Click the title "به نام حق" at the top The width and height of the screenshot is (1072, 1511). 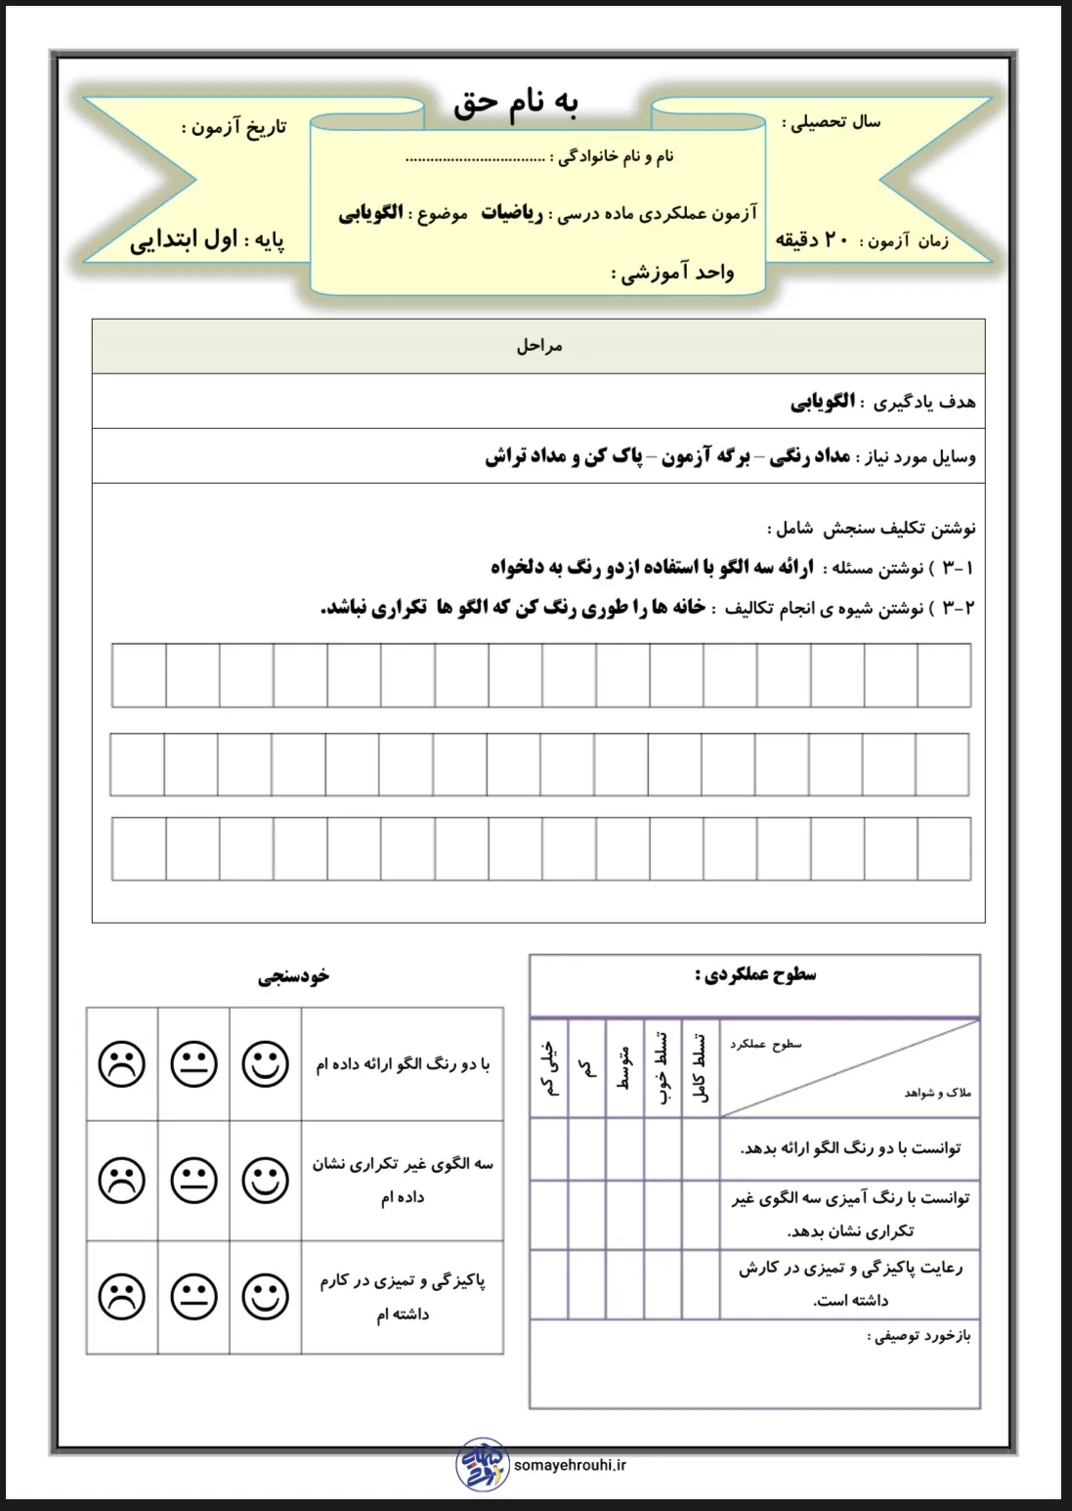pos(515,104)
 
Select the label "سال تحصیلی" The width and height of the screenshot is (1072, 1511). pos(832,122)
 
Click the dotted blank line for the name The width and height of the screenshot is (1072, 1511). pos(475,157)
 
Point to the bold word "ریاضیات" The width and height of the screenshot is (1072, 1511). pos(512,213)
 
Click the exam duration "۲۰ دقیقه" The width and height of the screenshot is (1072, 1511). pos(811,239)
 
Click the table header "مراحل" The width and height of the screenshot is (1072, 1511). pos(539,346)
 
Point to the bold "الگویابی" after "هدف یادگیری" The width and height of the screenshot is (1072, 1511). pos(823,401)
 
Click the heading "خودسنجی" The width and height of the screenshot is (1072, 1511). pos(294,976)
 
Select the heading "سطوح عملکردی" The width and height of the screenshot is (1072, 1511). pos(755,974)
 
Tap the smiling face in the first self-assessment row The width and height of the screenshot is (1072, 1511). pos(266,1064)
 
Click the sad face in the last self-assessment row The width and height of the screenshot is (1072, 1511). pos(122,1297)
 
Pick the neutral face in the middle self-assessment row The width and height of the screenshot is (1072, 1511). pos(193,1181)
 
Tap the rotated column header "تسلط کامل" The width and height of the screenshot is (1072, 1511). pos(700,1068)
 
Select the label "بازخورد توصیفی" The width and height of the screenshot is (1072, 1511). pos(919,1335)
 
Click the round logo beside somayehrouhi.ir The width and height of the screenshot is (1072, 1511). pos(483,1464)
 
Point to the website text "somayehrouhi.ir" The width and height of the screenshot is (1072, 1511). pos(570,1465)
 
